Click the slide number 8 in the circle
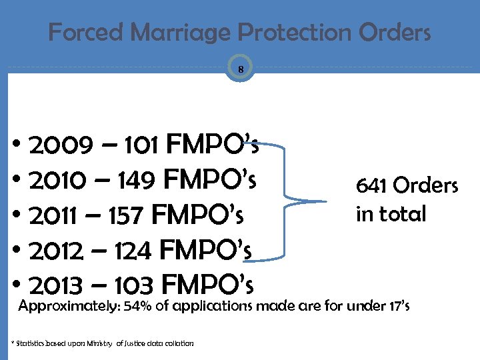pyautogui.click(x=240, y=69)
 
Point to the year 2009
pyautogui.click(x=57, y=144)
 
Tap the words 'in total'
pyautogui.click(x=391, y=215)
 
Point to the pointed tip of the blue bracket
pyautogui.click(x=325, y=201)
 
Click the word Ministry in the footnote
pyautogui.click(x=98, y=343)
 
